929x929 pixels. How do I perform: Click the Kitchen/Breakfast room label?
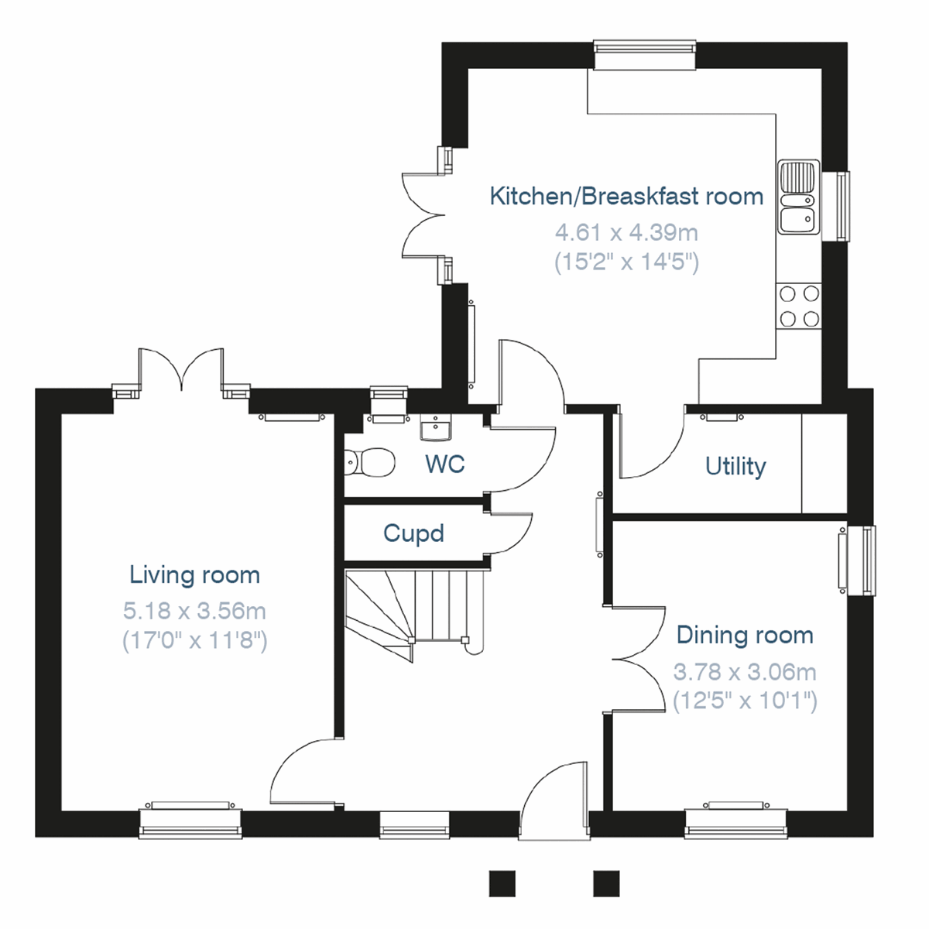[x=626, y=197]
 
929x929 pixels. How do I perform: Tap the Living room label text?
[x=194, y=575]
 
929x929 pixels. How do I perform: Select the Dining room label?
[x=745, y=636]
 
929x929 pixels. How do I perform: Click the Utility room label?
[x=735, y=467]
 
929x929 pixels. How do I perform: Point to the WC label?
[x=444, y=464]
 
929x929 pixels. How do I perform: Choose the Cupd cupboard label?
[x=413, y=533]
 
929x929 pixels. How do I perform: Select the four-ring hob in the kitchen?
[x=799, y=306]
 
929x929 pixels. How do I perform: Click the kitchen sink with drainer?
[x=797, y=197]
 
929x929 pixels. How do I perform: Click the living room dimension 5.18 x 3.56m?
[x=194, y=612]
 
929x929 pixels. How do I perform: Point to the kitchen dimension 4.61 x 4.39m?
[x=626, y=232]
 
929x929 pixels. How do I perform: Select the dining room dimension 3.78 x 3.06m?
[x=745, y=672]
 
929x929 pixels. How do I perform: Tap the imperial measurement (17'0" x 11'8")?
[x=194, y=641]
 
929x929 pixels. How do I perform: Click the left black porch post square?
[x=502, y=883]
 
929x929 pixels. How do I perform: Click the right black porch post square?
[x=606, y=883]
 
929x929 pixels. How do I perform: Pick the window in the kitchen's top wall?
[x=644, y=51]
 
